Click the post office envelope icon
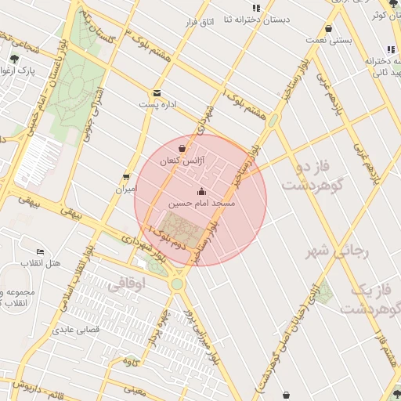point(157,92)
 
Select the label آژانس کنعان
point(181,160)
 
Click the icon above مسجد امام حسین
point(201,191)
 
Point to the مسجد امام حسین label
point(201,203)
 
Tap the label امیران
point(126,189)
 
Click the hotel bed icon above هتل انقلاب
point(40,251)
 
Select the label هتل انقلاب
point(42,263)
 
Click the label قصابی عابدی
point(75,330)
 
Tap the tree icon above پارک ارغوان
point(14,59)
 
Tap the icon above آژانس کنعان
point(182,148)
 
